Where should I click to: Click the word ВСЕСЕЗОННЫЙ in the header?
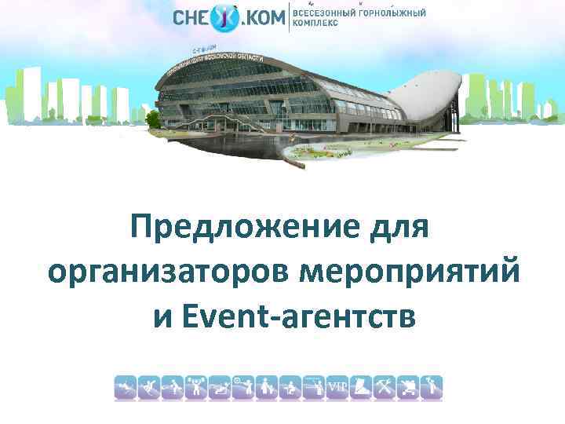(324, 13)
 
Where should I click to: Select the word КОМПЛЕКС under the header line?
(315, 24)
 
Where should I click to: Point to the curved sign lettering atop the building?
(228, 63)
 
